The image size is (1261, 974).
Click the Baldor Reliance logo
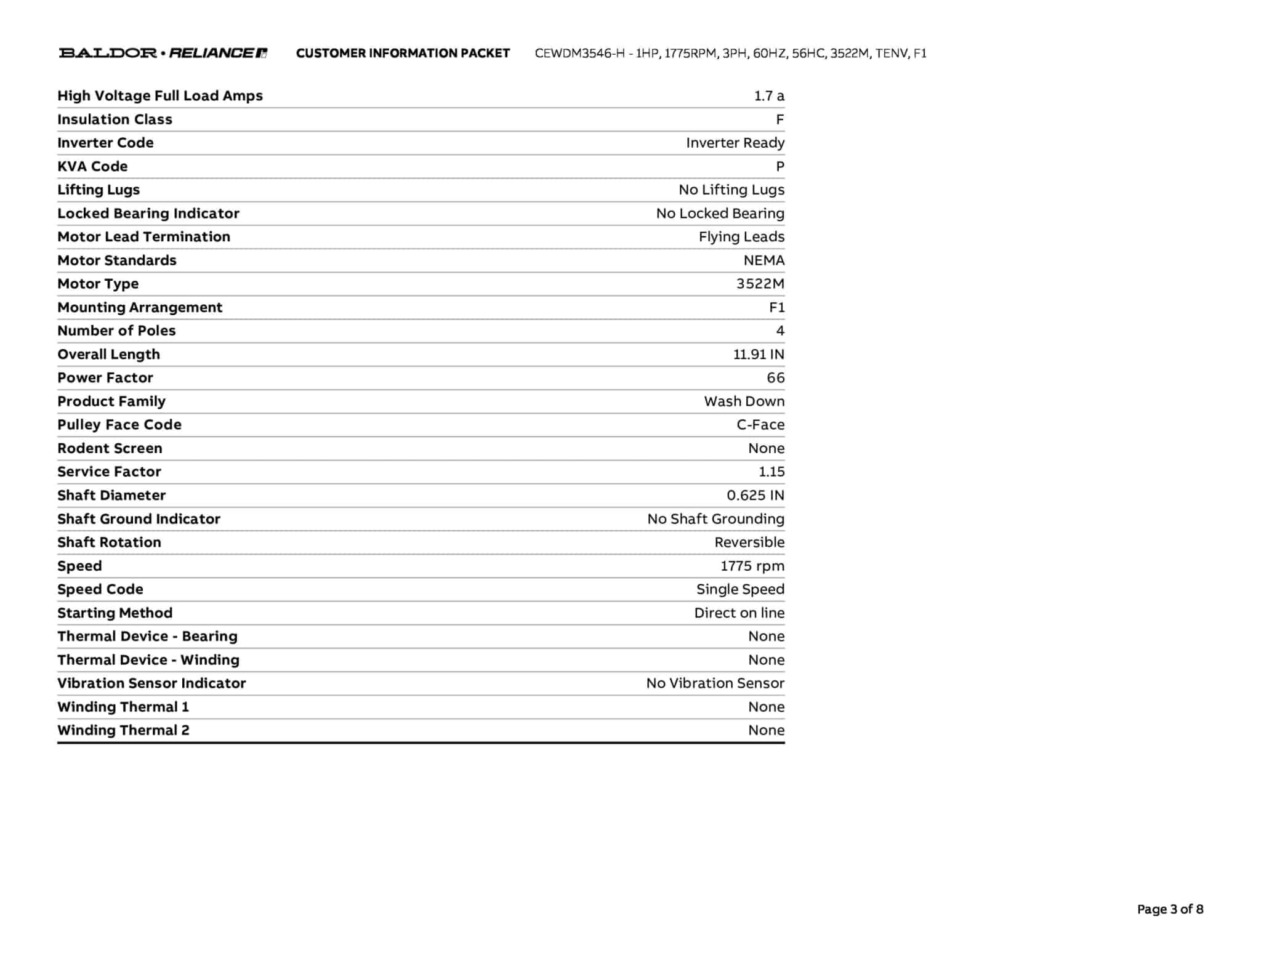tap(163, 53)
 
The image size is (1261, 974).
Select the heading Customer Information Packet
tap(403, 53)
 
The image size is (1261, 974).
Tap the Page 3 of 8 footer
tap(1170, 909)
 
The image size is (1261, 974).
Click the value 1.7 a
tap(769, 96)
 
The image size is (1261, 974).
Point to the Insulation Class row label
tap(115, 119)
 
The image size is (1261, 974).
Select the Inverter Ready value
tap(735, 143)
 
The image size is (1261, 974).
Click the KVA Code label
tap(92, 166)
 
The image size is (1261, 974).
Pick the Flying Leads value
tap(741, 237)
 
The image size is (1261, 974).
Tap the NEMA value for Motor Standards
tap(763, 260)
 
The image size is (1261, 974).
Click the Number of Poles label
tap(116, 331)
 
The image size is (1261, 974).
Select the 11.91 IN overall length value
tap(759, 355)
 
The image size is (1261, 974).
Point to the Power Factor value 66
tap(775, 378)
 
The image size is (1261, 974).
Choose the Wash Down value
tap(744, 401)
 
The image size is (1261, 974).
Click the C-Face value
tap(760, 425)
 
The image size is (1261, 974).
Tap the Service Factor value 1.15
tap(772, 472)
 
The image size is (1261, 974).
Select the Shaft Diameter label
tap(111, 496)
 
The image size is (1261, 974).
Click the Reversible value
tap(749, 542)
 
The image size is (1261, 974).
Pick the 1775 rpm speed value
tap(752, 566)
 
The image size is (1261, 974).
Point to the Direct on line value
tap(739, 613)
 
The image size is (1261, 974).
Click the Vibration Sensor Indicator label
tap(151, 683)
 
